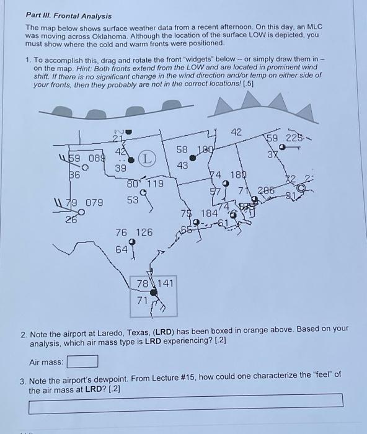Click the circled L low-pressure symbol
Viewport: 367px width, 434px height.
click(146, 160)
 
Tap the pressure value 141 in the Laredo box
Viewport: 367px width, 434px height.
click(166, 284)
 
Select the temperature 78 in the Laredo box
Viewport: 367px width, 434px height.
click(143, 284)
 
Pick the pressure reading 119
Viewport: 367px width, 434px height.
click(154, 184)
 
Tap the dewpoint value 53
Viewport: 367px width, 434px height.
click(133, 200)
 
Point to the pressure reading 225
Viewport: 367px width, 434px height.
click(296, 138)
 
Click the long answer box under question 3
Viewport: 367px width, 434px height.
click(185, 408)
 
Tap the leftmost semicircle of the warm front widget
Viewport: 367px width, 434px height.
click(61, 112)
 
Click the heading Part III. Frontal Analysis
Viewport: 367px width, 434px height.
click(68, 15)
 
